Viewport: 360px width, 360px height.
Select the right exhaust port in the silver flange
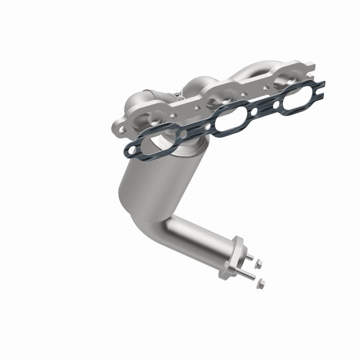coord(285,75)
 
